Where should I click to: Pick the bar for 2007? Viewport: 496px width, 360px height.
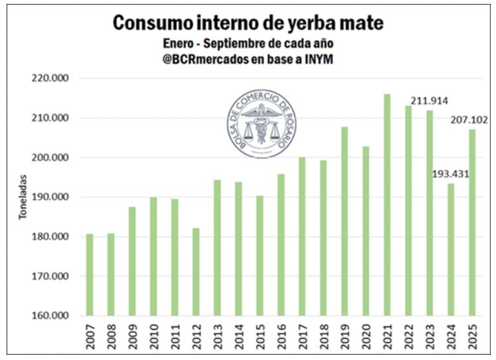coord(90,275)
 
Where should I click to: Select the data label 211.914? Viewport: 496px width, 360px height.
coord(429,101)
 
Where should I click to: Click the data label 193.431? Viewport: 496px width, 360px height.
coord(451,174)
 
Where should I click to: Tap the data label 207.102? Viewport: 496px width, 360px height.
coord(470,120)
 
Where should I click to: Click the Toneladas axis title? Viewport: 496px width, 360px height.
coord(23,197)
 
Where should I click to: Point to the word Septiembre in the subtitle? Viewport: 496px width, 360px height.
coord(243,43)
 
